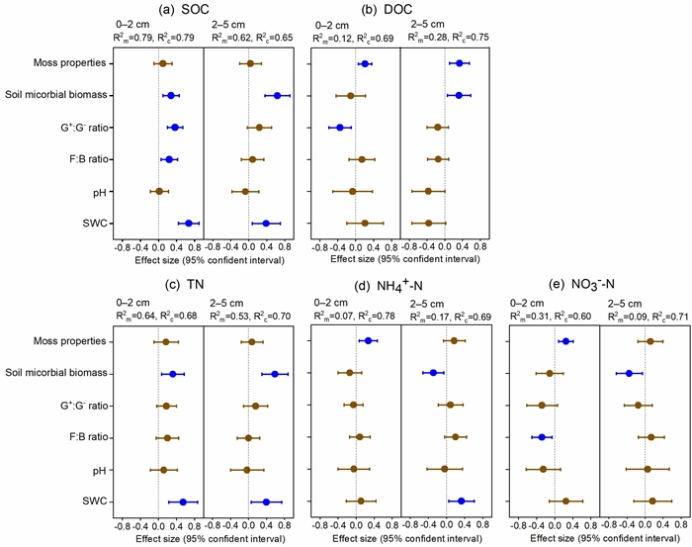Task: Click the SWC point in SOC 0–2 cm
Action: coord(189,224)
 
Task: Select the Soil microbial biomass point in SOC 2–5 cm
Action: coord(278,96)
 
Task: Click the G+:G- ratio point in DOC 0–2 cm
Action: coord(340,128)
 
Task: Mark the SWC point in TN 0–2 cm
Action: coord(183,501)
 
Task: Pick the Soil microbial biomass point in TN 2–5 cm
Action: coord(275,374)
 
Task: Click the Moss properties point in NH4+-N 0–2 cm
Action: coord(368,341)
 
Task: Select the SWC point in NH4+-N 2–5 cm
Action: coord(462,501)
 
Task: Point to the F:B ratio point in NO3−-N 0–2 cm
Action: coord(541,437)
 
